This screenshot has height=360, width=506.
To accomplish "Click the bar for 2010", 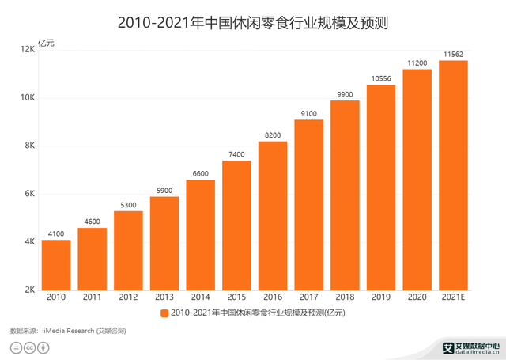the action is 56,265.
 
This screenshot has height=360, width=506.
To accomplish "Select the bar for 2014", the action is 200,235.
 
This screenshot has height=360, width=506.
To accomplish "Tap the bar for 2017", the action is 309,205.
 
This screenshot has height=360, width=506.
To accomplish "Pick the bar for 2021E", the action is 453,176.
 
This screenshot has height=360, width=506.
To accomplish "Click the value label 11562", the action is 453,55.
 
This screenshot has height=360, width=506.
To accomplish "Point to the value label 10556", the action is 381,78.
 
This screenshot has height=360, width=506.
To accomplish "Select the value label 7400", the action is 236,154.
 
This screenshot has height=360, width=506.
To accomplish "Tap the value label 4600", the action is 93,222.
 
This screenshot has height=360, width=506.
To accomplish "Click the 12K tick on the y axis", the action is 27,49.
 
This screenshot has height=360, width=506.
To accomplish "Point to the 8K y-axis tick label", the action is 29,146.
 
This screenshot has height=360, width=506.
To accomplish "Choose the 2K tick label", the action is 29,290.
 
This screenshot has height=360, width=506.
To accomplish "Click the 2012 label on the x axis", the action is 128,297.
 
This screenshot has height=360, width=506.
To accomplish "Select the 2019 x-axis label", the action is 381,297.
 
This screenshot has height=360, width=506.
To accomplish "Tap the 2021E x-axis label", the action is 453,297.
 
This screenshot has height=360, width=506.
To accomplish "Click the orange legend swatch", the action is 164,313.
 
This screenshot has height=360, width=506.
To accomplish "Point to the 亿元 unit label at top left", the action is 46,43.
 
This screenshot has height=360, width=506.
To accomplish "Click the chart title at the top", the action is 253,23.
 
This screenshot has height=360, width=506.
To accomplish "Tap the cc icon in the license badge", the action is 29,347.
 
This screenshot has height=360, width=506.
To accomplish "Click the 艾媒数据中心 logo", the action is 471,348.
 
